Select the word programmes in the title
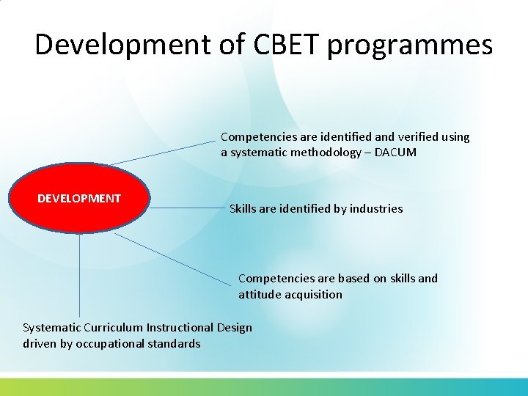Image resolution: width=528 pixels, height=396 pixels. coord(411,46)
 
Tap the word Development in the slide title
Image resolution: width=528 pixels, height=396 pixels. coord(122,45)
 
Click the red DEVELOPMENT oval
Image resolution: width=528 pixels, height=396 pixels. coord(79,199)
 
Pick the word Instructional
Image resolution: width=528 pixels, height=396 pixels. coord(180,328)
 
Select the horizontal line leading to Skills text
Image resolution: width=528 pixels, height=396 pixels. coord(187,208)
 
